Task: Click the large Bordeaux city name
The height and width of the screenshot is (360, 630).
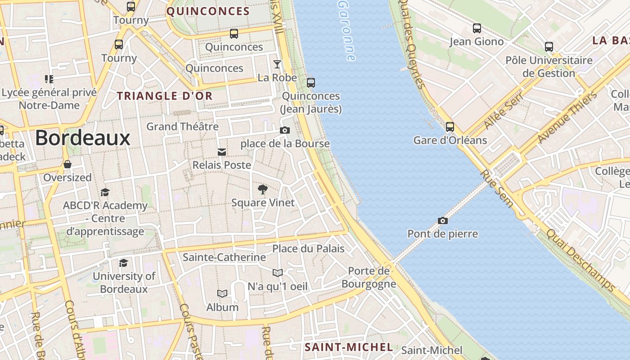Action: click(x=83, y=138)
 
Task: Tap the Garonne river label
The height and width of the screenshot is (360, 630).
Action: click(x=346, y=31)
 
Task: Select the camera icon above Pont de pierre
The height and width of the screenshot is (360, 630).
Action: click(x=443, y=220)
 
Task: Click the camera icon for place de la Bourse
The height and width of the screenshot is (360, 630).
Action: click(x=285, y=130)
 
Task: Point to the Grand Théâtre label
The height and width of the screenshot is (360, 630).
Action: click(x=182, y=126)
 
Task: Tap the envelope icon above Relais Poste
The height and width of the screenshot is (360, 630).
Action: click(x=222, y=152)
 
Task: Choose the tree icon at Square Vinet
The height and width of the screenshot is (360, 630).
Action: click(x=263, y=189)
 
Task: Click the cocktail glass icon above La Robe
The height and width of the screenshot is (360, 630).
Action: click(x=277, y=64)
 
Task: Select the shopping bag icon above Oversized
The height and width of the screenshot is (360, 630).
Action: click(x=67, y=164)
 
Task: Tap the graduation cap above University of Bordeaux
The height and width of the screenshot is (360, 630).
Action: click(x=123, y=263)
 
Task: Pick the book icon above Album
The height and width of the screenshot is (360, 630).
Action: click(x=222, y=294)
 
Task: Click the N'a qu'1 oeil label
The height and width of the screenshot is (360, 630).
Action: click(x=278, y=286)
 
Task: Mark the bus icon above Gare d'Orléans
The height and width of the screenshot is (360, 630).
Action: click(x=450, y=127)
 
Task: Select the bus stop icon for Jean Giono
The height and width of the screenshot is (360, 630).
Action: click(x=477, y=28)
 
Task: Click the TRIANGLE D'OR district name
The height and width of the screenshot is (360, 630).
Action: click(x=165, y=96)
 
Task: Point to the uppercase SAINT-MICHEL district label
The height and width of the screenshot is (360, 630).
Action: click(x=349, y=347)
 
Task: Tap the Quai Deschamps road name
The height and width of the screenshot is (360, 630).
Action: click(x=580, y=260)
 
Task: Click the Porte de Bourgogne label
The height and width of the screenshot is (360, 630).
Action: click(x=369, y=277)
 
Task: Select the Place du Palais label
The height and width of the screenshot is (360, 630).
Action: click(x=308, y=248)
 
